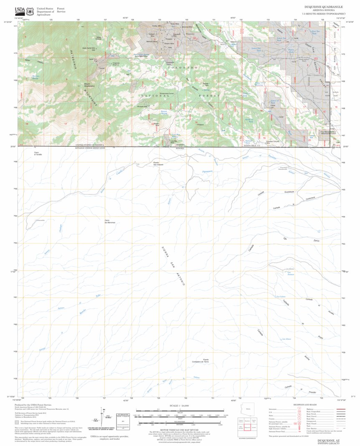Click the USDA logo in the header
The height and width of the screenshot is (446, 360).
coord(20,10)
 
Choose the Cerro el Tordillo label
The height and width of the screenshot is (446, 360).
coord(38,153)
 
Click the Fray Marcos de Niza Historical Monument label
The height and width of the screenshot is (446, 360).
coord(329,133)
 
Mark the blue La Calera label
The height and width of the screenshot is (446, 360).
coord(281,296)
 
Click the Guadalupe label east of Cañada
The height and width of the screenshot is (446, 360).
coord(289,192)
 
